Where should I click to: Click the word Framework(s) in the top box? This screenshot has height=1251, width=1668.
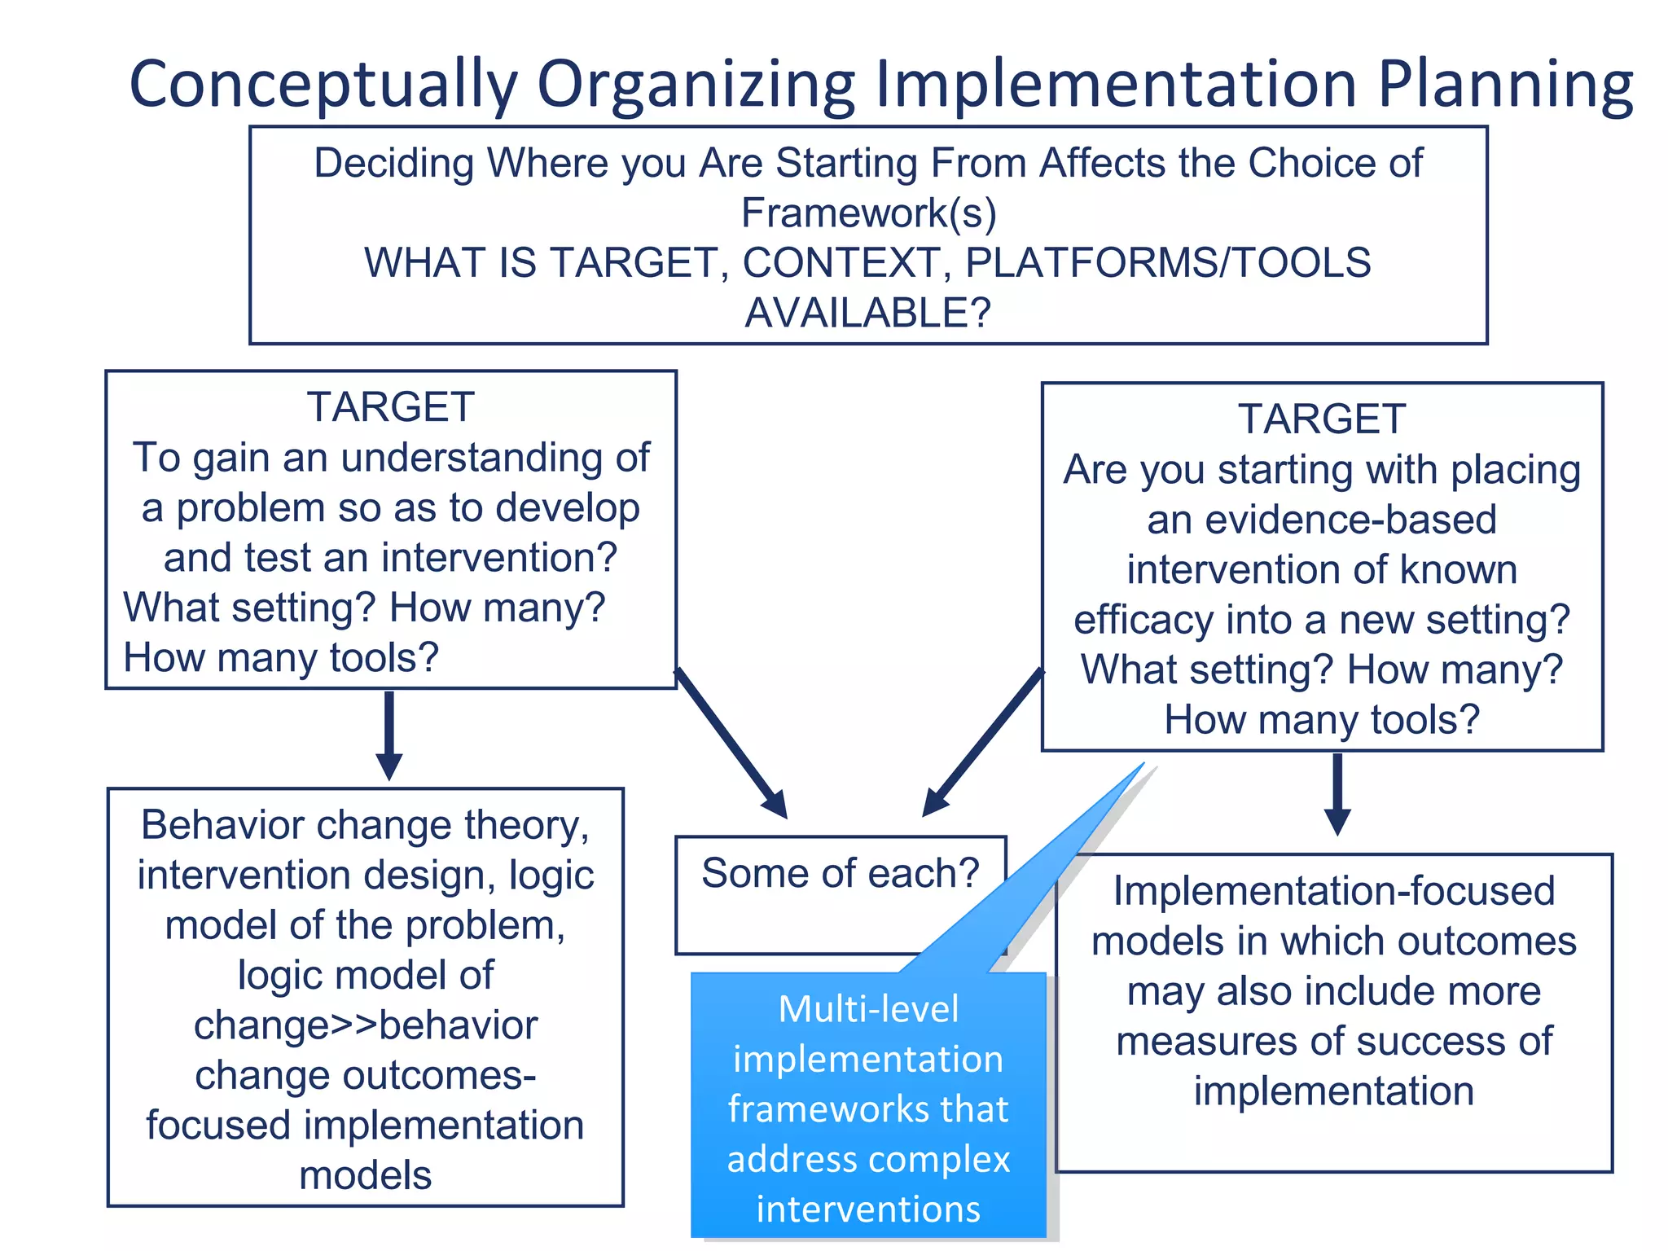(868, 214)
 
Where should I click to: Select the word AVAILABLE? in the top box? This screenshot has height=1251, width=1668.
(868, 314)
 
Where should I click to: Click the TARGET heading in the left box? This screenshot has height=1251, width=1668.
(390, 407)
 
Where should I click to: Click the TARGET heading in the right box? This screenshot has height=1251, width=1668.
(1322, 419)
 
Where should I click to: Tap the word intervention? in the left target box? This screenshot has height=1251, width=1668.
(498, 559)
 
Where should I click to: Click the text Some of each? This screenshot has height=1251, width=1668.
(840, 874)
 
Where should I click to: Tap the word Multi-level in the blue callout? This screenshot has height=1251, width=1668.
(868, 1010)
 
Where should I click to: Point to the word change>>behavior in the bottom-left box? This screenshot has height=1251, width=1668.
(366, 1025)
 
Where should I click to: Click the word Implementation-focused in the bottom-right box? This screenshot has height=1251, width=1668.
(1334, 892)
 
